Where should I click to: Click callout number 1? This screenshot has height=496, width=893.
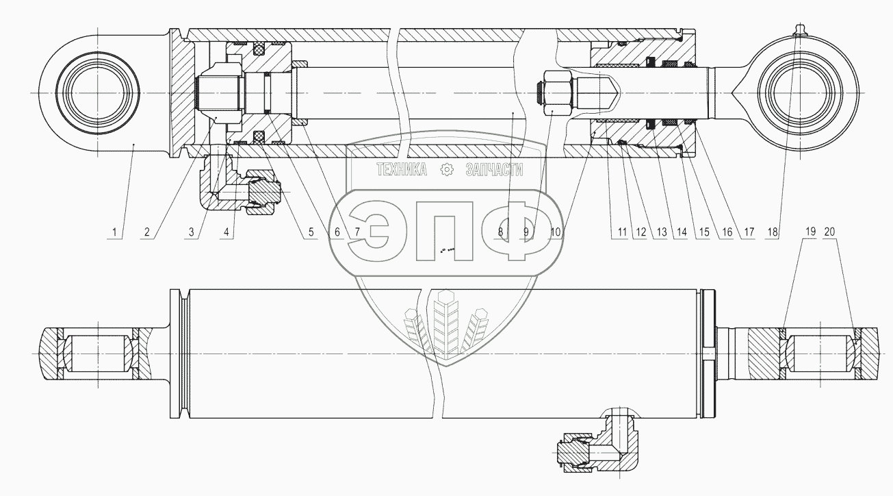114,232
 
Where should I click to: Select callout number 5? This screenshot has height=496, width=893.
311,232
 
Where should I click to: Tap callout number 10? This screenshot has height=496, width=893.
556,232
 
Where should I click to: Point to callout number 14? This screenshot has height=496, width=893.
682,232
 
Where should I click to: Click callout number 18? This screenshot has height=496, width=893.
773,232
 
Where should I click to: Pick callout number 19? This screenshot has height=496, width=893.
810,232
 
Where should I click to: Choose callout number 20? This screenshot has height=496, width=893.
829,232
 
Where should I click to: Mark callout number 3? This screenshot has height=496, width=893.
192,232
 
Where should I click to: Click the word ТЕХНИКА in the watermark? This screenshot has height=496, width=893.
402,170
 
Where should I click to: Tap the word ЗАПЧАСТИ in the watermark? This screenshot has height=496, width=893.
494,170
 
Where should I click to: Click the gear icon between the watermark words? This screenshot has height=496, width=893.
446,170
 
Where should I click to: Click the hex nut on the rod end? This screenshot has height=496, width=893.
557,93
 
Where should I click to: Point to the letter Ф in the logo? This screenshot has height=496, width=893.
517,231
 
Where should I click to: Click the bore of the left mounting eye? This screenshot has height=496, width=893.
97,93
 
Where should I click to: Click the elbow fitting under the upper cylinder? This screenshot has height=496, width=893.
240,184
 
